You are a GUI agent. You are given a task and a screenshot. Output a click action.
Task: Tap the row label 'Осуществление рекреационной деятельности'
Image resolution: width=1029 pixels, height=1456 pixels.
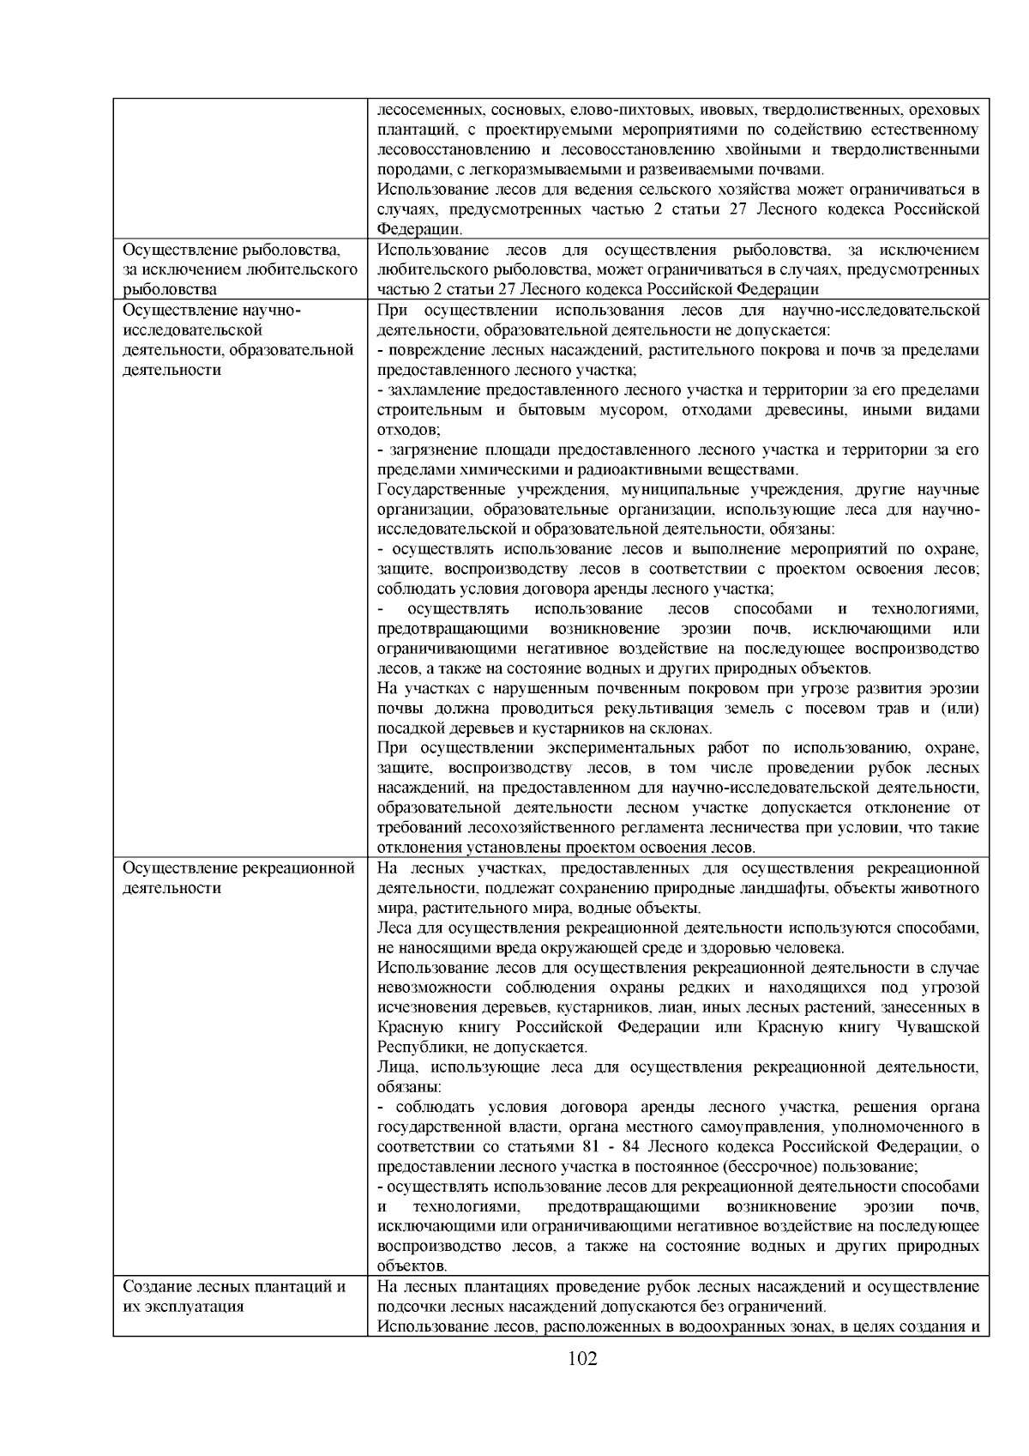click(238, 878)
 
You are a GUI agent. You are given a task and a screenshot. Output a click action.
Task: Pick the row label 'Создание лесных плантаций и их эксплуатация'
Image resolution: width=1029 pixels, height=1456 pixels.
click(234, 1296)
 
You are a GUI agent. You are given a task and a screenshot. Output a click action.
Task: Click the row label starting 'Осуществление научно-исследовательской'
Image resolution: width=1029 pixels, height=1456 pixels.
click(238, 340)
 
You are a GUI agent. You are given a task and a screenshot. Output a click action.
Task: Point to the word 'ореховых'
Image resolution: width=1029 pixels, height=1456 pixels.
click(946, 111)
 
